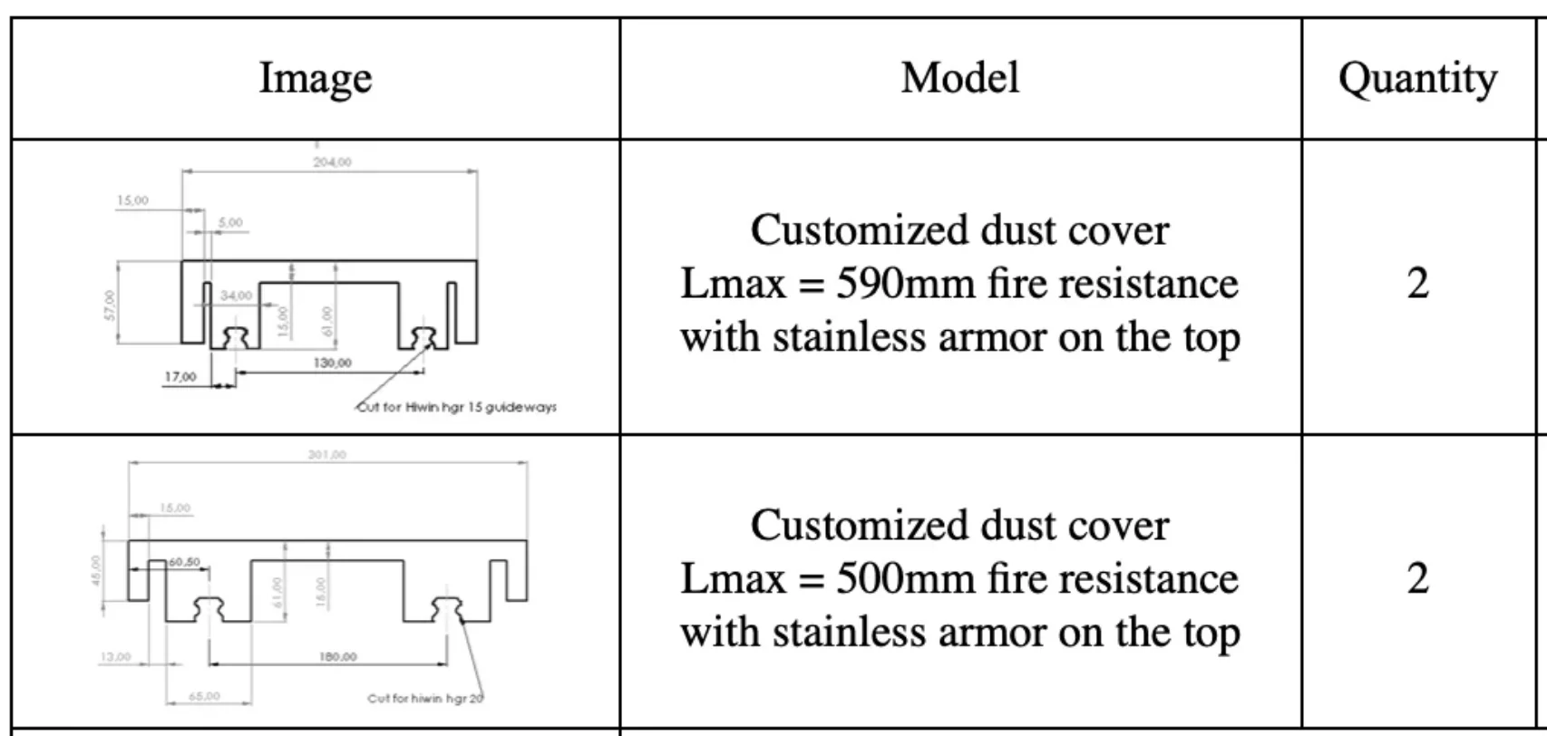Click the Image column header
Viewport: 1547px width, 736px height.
coord(315,78)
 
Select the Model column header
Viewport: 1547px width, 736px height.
coord(959,78)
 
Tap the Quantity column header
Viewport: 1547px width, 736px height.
coord(1417,79)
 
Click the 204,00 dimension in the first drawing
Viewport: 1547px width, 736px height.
coord(332,162)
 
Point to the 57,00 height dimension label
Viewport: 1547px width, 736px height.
coord(111,305)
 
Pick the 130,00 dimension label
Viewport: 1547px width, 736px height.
coord(332,363)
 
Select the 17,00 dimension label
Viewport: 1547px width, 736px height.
coord(180,377)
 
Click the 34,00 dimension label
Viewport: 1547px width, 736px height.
coord(236,295)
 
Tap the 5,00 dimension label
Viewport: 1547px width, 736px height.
coord(230,222)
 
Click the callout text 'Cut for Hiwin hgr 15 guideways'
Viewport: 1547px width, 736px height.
coord(457,408)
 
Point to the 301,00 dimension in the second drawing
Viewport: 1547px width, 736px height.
coord(326,454)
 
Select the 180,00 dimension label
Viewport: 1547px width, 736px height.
coord(337,656)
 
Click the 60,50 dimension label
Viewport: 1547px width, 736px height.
coord(183,562)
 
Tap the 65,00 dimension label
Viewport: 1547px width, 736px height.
coord(204,696)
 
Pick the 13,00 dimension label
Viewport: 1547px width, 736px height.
coord(115,656)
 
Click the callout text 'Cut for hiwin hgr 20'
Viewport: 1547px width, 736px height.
coord(425,698)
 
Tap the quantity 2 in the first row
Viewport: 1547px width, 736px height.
coord(1417,284)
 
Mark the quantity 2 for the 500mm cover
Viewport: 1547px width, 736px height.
coord(1417,578)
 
